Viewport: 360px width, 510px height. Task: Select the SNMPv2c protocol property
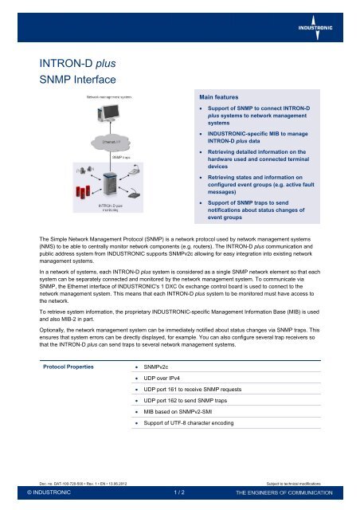coord(157,367)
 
